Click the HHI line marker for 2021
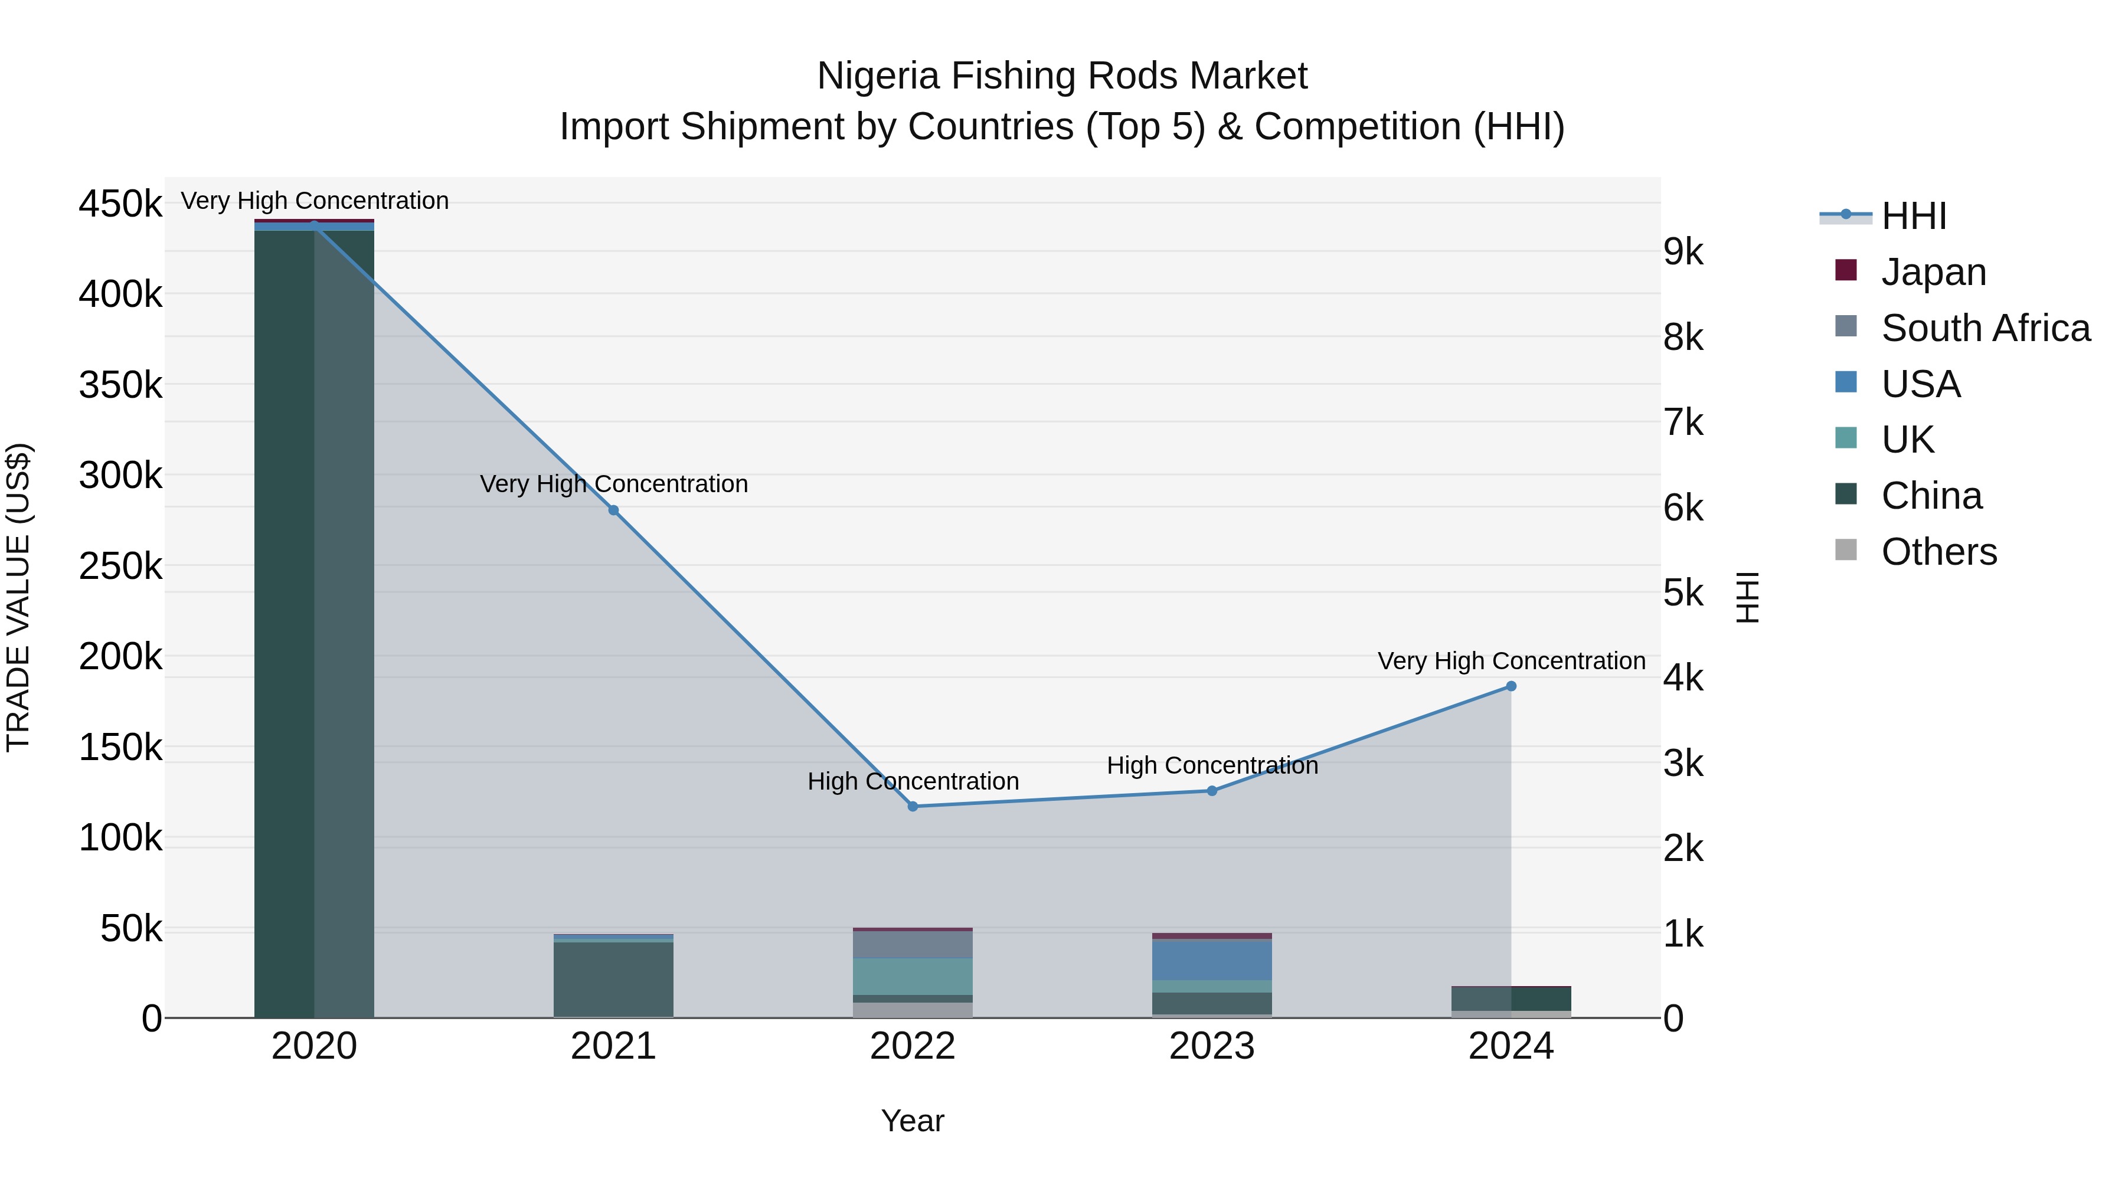click(x=613, y=510)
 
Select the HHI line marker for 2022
click(x=913, y=807)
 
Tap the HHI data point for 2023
click(x=1212, y=791)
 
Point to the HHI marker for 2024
click(x=1511, y=686)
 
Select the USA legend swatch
click(x=1846, y=382)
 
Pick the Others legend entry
click(x=1938, y=552)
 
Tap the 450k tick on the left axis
click(x=120, y=204)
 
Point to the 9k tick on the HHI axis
click(x=1683, y=253)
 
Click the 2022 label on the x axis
click(x=913, y=1046)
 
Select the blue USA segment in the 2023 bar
click(x=1212, y=959)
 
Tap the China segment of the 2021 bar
click(x=613, y=979)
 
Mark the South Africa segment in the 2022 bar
click(x=913, y=944)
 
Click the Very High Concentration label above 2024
click(x=1511, y=662)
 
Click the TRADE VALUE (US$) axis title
click(x=19, y=597)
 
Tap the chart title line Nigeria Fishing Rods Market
click(x=1062, y=77)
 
